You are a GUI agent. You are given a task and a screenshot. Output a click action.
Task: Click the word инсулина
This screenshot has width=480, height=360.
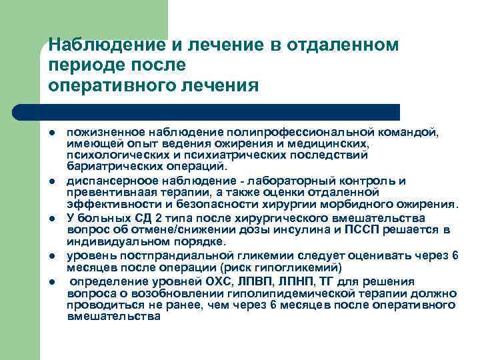(309, 230)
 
